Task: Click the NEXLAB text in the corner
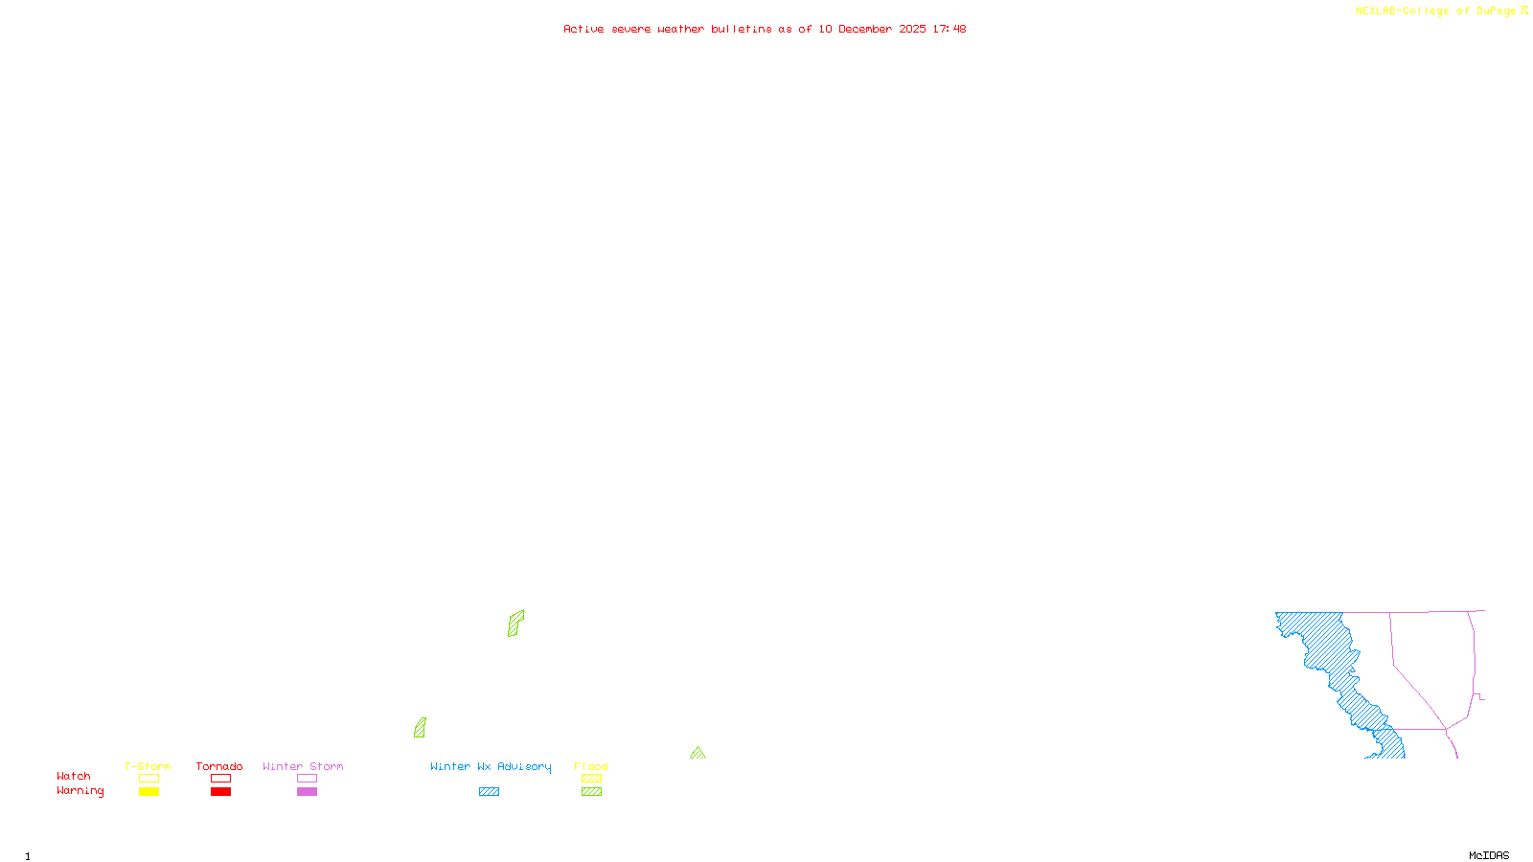click(1376, 11)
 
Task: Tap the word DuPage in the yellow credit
click(1496, 11)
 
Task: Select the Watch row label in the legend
click(74, 776)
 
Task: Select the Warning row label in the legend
click(80, 791)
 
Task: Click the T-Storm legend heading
click(148, 766)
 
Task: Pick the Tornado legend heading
click(219, 766)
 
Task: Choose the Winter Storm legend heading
click(303, 766)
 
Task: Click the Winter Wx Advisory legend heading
click(491, 766)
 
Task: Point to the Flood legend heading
click(591, 766)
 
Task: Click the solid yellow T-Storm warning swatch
click(149, 792)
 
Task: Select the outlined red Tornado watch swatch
click(220, 779)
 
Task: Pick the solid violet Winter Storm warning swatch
click(307, 792)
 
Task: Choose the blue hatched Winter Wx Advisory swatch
click(489, 792)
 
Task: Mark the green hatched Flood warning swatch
click(591, 792)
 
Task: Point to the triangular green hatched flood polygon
click(698, 754)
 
